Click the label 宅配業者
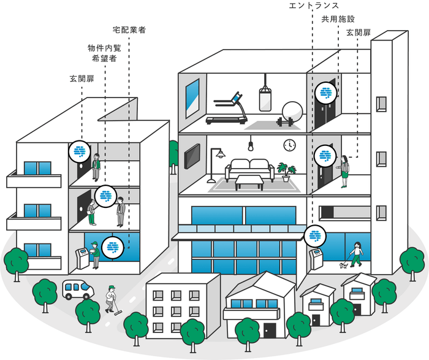coord(129,29)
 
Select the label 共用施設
coord(338,19)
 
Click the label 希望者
coord(104,59)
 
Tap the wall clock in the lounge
coord(289,145)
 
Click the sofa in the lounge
coord(249,169)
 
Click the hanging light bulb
coord(251,146)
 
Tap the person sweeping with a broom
coord(111,299)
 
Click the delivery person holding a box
coord(95,254)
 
